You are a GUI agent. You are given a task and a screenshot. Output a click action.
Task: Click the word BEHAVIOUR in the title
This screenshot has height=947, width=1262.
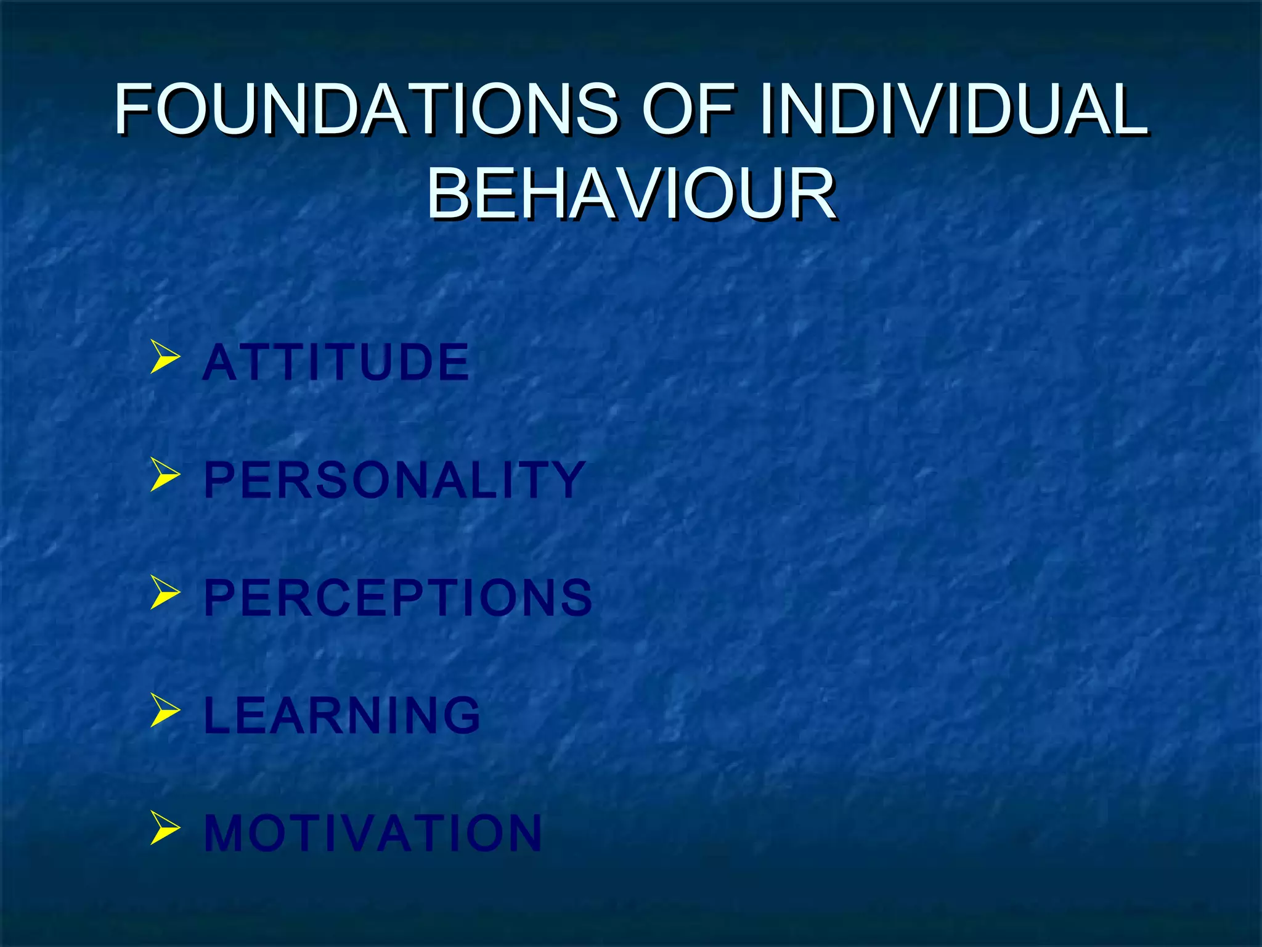tap(631, 195)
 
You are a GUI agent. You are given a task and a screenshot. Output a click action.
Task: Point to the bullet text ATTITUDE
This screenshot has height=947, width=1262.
tap(336, 363)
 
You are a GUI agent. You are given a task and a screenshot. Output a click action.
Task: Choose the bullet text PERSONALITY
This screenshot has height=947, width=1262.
tap(394, 480)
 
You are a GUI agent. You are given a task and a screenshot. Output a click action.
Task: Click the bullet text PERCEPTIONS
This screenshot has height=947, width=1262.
tap(398, 597)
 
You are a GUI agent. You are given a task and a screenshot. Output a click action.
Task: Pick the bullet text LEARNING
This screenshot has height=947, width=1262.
tap(342, 715)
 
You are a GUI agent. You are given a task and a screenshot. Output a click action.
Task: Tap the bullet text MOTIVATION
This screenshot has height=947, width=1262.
tap(373, 834)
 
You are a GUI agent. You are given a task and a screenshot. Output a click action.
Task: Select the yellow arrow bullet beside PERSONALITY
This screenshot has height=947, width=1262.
tap(165, 476)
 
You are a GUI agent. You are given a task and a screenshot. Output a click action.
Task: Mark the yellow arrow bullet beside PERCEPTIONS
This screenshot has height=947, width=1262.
tap(165, 593)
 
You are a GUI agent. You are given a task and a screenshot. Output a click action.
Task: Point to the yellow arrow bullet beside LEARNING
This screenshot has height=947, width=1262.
tap(165, 711)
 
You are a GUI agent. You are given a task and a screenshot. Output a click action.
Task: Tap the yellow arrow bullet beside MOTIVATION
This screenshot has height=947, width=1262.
tap(165, 829)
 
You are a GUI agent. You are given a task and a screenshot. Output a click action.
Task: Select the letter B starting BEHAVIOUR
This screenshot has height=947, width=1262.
tap(449, 195)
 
